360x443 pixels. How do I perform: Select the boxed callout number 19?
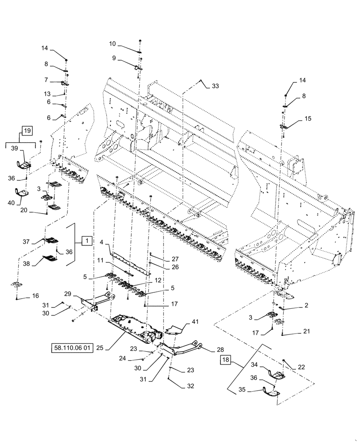click(27, 131)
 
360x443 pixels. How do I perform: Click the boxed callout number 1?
click(87, 241)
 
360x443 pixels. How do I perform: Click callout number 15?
click(307, 119)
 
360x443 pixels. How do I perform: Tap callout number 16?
click(35, 295)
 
